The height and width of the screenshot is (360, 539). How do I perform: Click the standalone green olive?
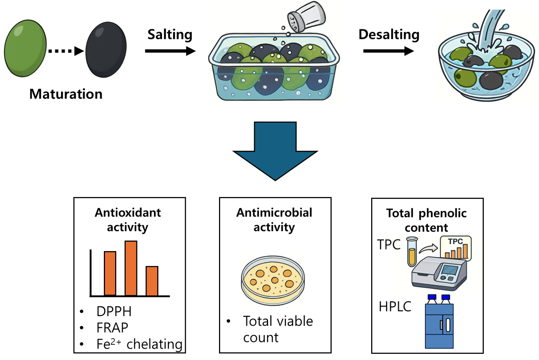25,48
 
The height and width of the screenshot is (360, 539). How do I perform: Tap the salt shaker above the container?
306,16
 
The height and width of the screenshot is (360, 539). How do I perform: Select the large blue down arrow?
275,150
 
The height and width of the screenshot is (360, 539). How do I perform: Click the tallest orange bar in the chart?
131,268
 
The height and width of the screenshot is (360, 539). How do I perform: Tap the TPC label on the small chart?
455,242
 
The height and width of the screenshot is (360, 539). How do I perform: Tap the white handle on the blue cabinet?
448,325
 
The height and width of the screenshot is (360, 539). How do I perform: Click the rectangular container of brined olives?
274,69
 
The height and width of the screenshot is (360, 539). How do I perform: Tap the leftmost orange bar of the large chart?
110,273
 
